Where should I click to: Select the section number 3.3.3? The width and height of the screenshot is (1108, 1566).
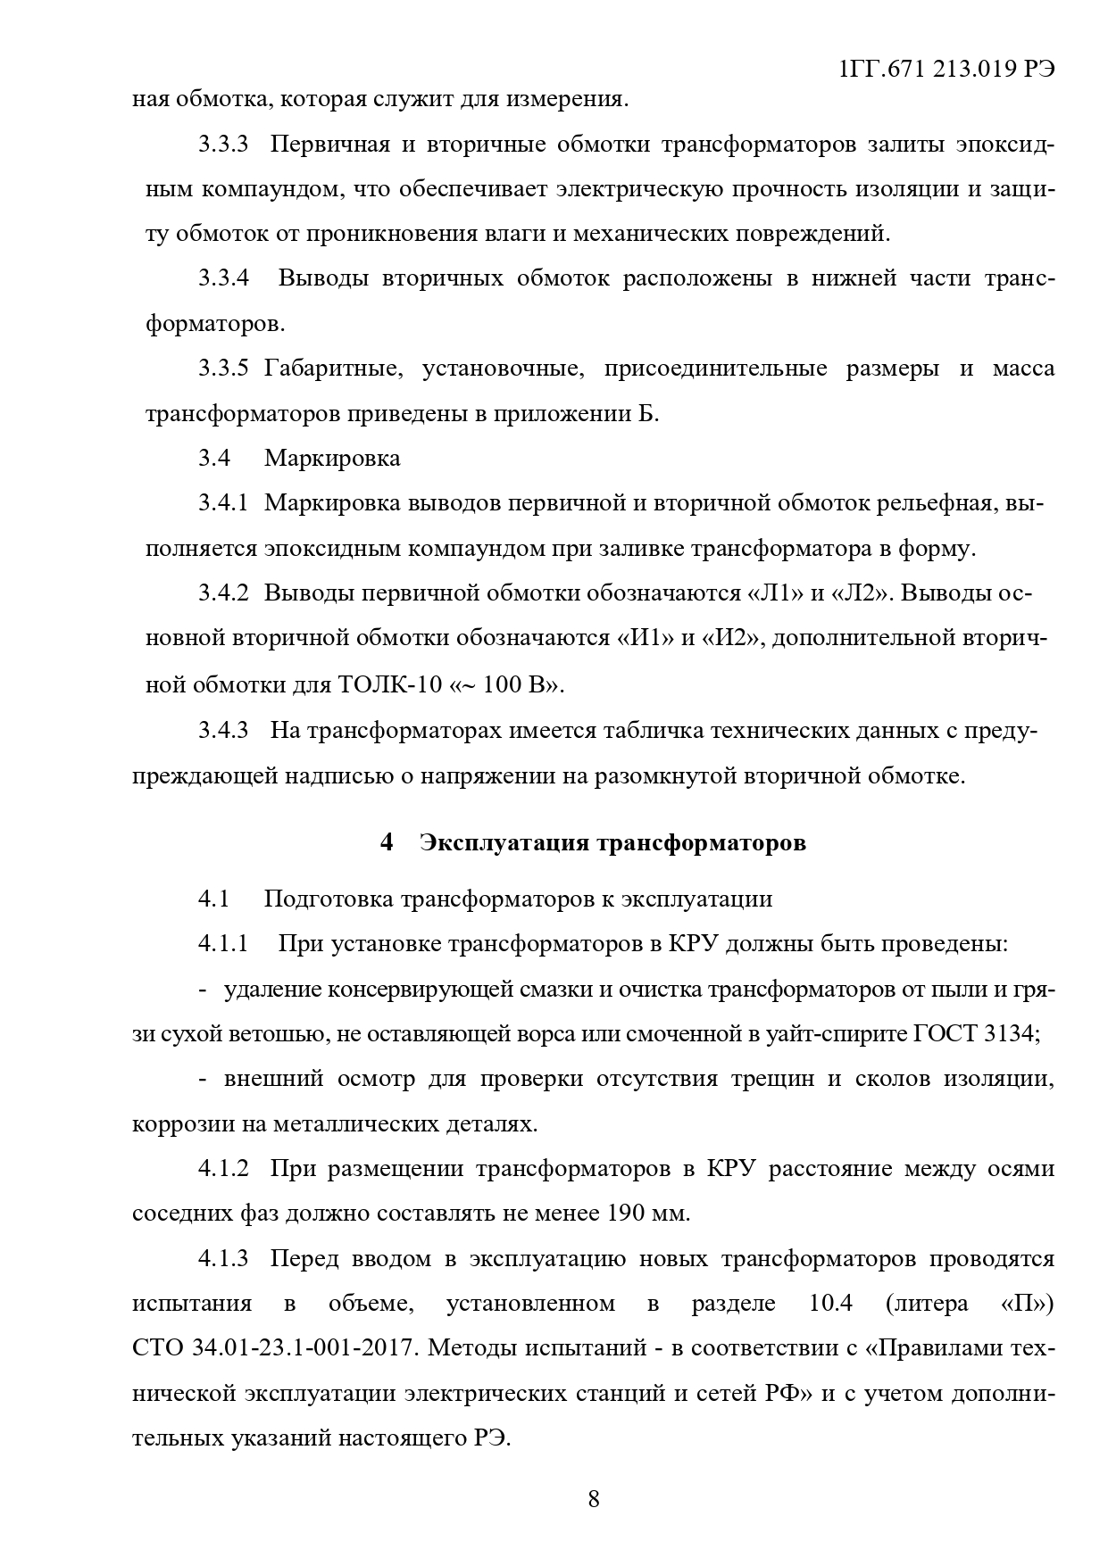(x=223, y=145)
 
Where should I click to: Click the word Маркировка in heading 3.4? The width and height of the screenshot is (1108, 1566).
(x=332, y=459)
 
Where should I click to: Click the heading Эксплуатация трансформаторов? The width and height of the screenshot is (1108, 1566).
(x=612, y=842)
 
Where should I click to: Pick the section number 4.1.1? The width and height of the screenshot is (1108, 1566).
(x=223, y=944)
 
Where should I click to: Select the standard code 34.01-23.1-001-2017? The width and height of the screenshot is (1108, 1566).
(x=304, y=1347)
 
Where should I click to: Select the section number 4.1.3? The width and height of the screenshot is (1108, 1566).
(x=223, y=1258)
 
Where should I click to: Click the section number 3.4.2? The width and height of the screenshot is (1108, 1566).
(x=223, y=593)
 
